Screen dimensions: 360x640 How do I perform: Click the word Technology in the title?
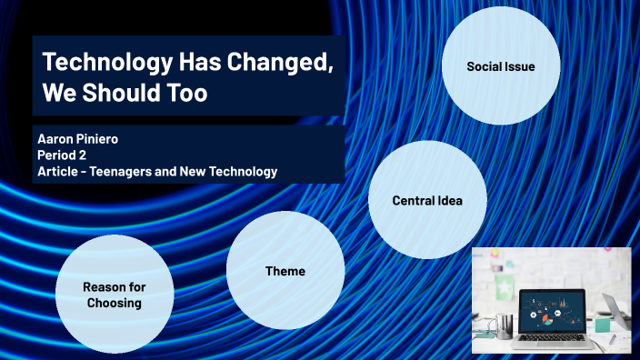(97, 64)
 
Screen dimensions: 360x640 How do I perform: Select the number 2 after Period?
(79, 155)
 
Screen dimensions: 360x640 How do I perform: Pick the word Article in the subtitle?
(59, 171)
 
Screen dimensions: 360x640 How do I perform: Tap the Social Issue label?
(500, 66)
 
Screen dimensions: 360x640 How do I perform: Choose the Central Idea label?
(426, 200)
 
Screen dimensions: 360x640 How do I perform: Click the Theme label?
(285, 271)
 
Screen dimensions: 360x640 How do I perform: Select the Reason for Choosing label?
(114, 295)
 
